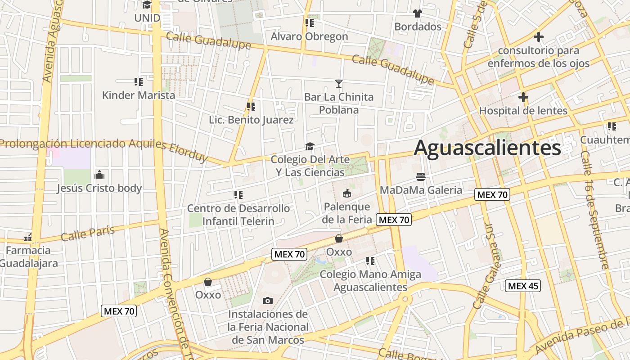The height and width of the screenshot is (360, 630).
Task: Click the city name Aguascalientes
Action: tap(487, 148)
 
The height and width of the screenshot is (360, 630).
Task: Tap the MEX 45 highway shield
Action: tap(523, 286)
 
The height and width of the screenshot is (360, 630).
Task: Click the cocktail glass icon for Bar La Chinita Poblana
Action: tap(339, 83)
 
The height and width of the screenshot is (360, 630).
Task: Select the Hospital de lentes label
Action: tap(523, 110)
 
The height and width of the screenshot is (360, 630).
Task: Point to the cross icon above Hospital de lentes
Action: tap(523, 97)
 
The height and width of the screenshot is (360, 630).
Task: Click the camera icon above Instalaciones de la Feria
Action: tap(268, 301)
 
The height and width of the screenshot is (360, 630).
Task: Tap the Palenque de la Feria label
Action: tap(346, 213)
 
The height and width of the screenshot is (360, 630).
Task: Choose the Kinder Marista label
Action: tap(139, 95)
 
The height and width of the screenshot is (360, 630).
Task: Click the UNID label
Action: tap(147, 18)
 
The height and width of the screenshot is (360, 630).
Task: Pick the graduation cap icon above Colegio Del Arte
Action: tap(310, 146)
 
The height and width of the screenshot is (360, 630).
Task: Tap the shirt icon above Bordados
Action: tap(418, 13)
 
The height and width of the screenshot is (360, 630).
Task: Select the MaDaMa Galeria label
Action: tap(421, 190)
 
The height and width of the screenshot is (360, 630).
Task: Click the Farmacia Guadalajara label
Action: tap(28, 256)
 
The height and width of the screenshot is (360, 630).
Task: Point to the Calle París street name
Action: tap(88, 233)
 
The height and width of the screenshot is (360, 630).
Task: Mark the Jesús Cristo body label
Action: tap(99, 188)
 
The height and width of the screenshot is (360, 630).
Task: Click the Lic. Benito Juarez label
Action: tap(251, 120)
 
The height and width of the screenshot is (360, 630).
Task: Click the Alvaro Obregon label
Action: tap(309, 36)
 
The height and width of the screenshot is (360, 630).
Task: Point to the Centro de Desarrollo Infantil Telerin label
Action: tap(238, 215)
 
